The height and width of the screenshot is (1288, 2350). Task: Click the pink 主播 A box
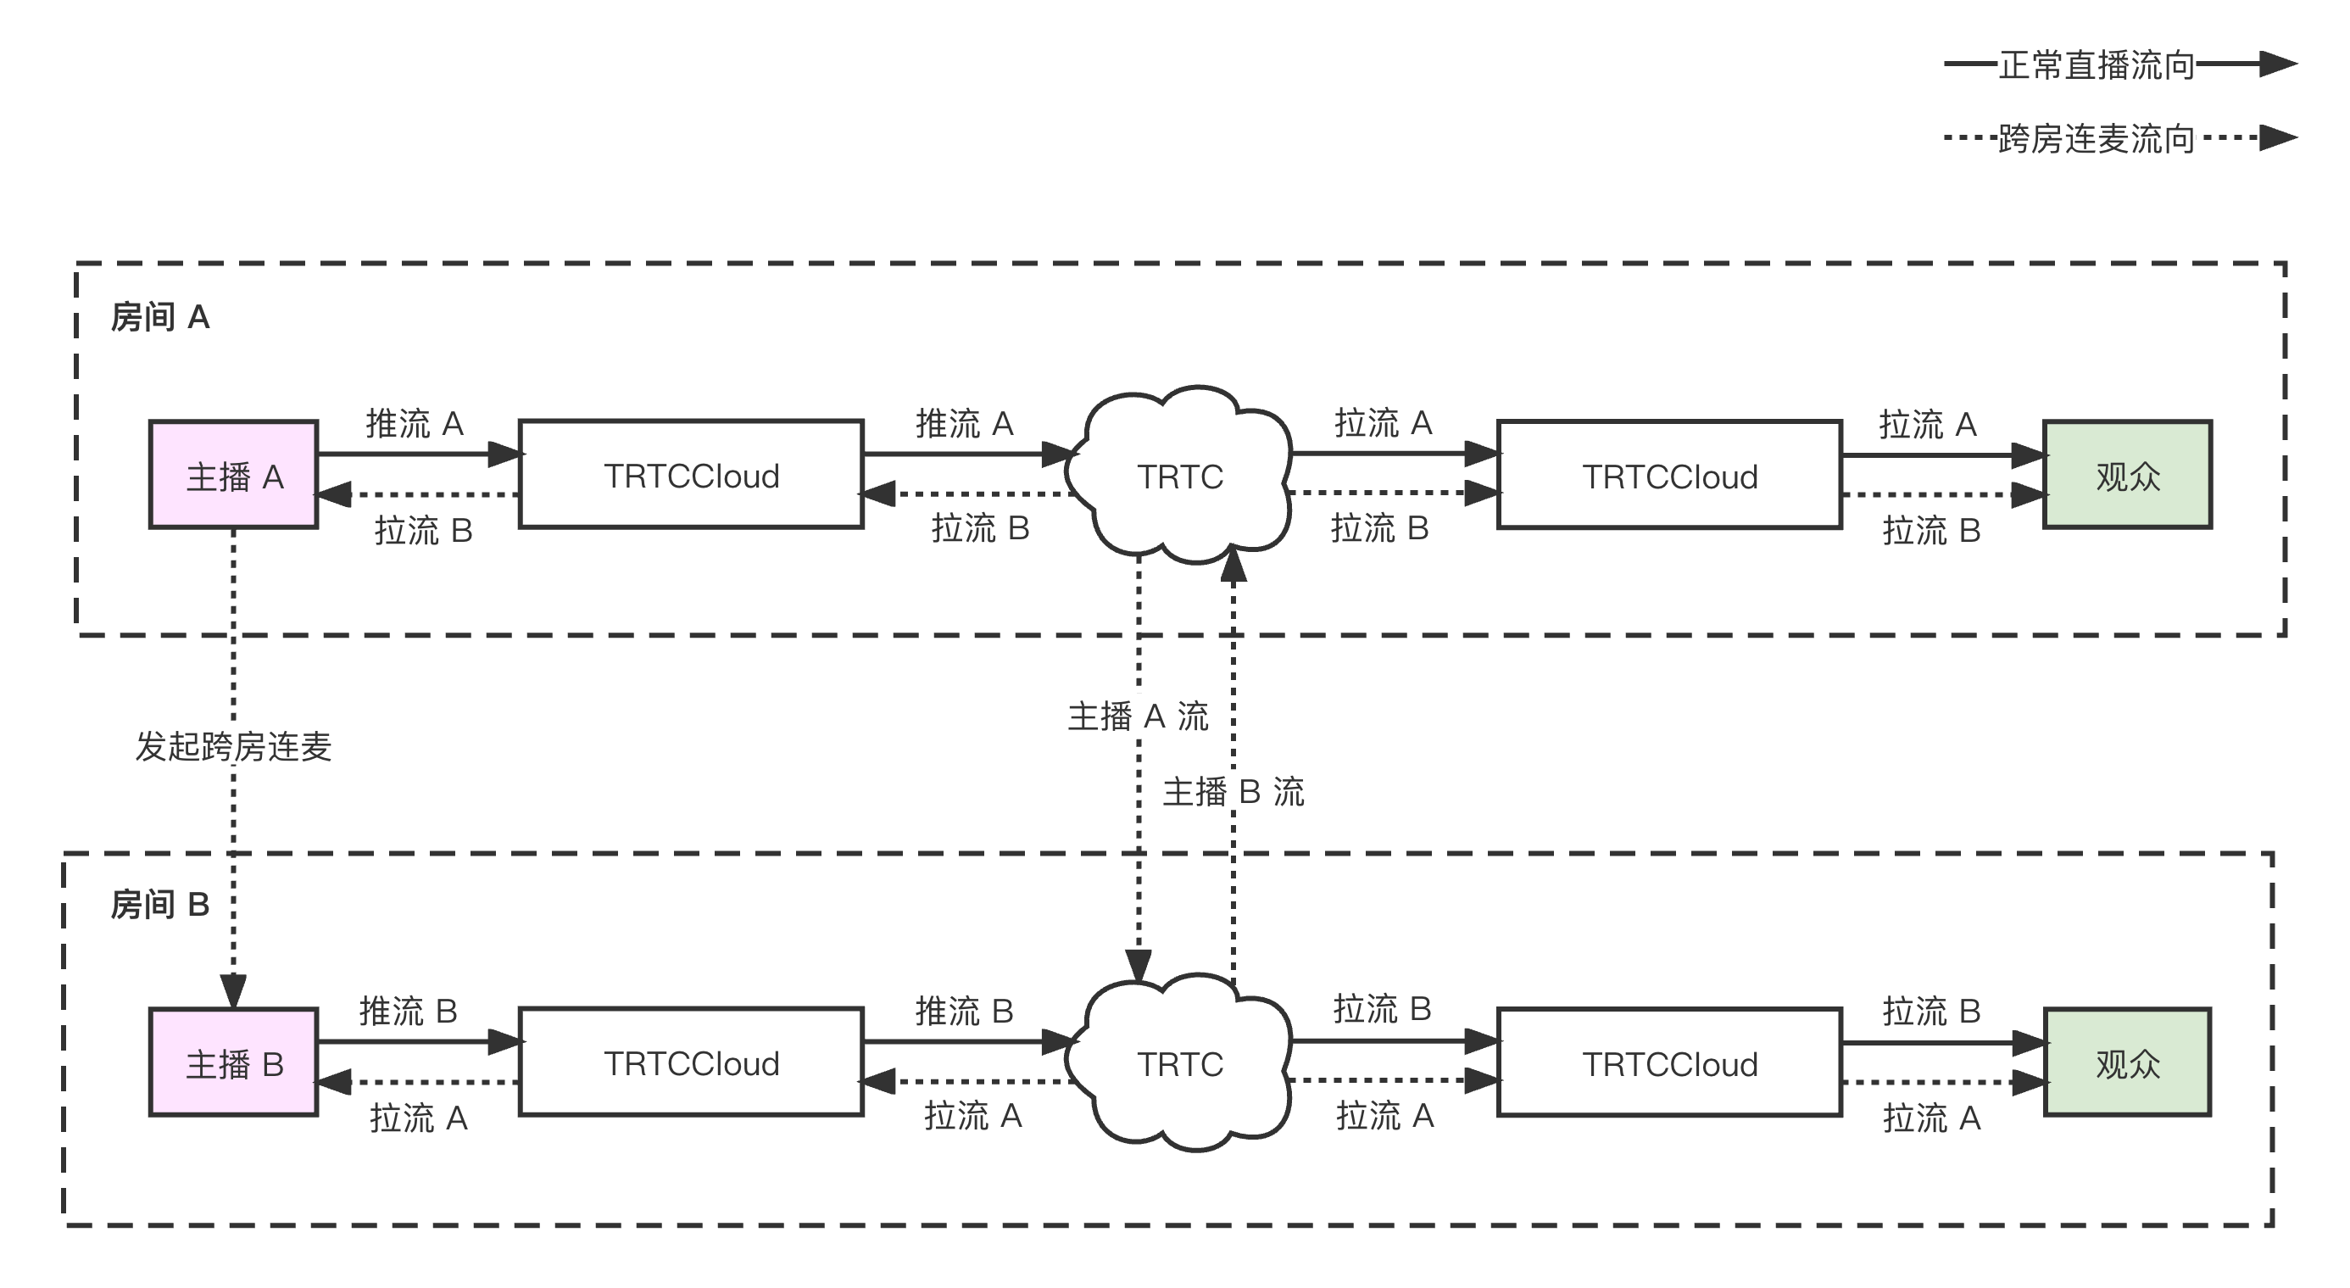[233, 475]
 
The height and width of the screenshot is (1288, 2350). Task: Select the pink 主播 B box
[233, 1062]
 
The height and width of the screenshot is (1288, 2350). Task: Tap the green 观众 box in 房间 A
[2127, 475]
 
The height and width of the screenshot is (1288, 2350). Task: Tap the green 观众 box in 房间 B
[2127, 1062]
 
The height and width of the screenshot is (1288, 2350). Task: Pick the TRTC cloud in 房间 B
[1179, 1063]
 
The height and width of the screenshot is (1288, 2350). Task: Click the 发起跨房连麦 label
[233, 745]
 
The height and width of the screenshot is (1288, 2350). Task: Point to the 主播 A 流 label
[1138, 715]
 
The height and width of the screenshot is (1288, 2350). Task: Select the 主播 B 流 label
[1233, 791]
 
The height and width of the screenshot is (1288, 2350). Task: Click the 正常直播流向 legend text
[2097, 64]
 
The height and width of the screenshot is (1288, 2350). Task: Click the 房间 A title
[160, 317]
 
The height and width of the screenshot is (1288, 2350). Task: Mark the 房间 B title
[160, 905]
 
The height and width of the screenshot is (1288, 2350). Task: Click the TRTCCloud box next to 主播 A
[692, 475]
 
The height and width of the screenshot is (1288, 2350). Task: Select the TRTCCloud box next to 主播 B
[692, 1062]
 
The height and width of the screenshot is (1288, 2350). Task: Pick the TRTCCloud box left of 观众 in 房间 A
[1669, 475]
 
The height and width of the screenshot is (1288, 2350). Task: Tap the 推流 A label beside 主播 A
[415, 423]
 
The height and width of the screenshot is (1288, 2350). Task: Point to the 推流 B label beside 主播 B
[409, 1011]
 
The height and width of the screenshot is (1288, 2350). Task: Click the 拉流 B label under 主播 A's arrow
[423, 530]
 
